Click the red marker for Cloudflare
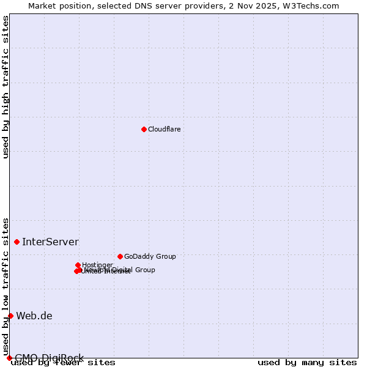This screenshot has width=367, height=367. coord(144,129)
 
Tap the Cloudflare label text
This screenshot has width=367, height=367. coord(164,129)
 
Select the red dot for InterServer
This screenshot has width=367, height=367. coord(17,242)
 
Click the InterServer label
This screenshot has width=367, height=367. coord(50,242)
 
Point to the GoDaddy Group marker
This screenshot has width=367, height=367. coord(120,256)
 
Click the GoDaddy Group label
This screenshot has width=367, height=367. coord(150,256)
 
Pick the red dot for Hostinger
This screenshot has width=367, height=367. coord(78,265)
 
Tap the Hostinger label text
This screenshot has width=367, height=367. coord(97,265)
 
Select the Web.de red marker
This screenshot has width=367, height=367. coord(10,316)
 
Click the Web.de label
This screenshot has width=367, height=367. coord(34,316)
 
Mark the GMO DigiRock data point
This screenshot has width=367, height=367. coord(9,358)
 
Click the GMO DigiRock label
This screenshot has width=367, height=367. coord(49,358)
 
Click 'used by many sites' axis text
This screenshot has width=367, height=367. coord(307,362)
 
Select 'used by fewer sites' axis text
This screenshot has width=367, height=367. coord(64,363)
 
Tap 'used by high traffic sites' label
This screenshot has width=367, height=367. coord(6,87)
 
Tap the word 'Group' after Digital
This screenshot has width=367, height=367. coord(144,270)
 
